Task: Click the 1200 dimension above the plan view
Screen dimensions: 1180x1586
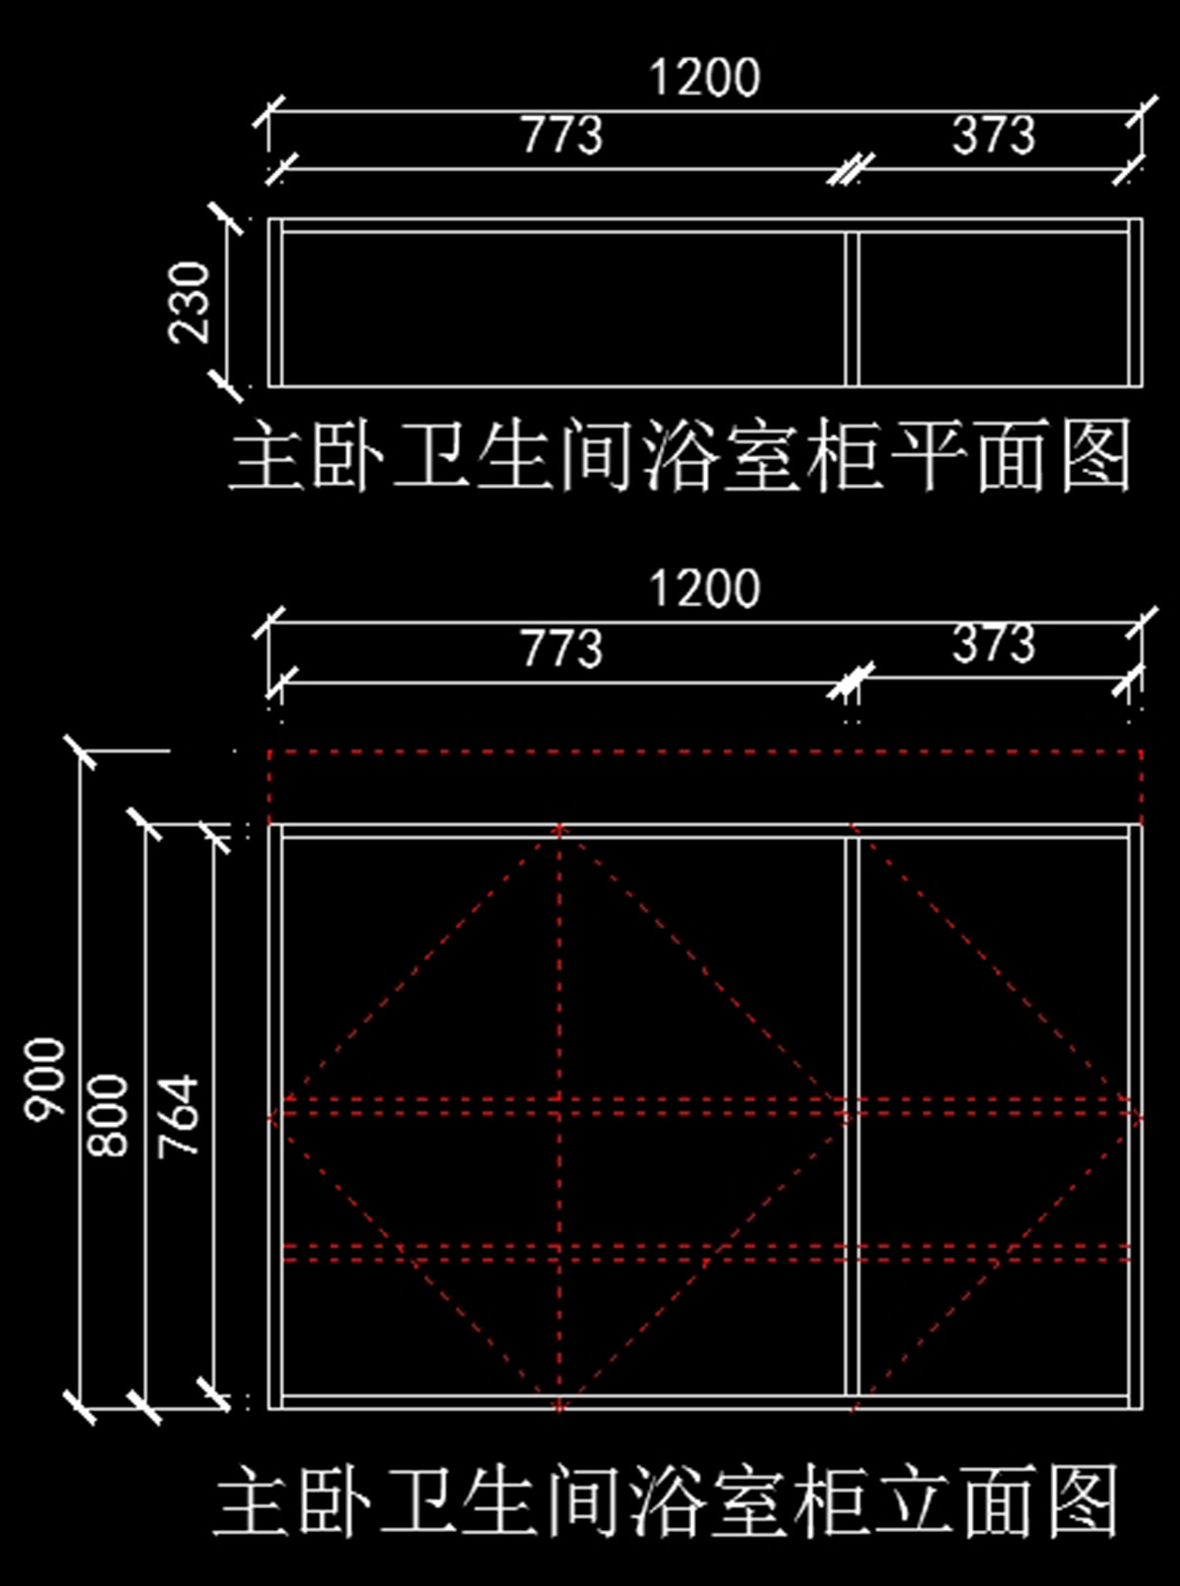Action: (704, 78)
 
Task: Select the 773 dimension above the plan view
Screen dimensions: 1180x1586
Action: (561, 136)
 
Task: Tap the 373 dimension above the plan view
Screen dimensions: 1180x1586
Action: (993, 136)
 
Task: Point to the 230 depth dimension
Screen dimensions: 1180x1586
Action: (190, 302)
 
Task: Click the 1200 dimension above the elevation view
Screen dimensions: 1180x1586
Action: (704, 589)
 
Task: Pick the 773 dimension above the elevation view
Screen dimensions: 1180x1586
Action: (561, 648)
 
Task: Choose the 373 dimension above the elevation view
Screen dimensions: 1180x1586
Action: (993, 644)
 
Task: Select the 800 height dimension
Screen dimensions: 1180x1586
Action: (109, 1115)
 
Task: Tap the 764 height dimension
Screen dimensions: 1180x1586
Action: (180, 1115)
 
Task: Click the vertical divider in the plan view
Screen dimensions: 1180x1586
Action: (853, 309)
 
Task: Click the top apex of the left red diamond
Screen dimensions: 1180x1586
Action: (560, 828)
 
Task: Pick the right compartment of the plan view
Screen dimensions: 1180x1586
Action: (993, 309)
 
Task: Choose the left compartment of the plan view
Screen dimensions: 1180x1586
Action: (562, 309)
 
